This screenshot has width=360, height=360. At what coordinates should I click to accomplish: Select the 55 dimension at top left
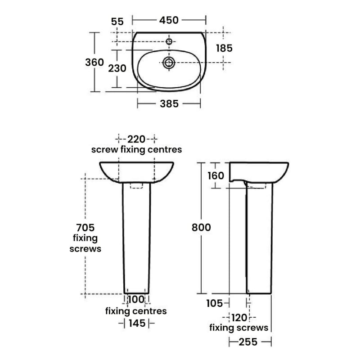(x=117, y=21)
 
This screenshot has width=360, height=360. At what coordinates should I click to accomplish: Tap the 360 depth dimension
(x=94, y=62)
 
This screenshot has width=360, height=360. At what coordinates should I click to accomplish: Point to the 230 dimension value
(x=117, y=68)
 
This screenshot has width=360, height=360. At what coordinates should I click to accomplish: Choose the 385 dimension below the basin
(x=169, y=104)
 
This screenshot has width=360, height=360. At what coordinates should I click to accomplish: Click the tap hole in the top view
(x=169, y=42)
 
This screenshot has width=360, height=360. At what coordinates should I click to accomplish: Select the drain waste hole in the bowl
(x=169, y=63)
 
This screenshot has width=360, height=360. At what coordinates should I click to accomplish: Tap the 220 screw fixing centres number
(x=136, y=139)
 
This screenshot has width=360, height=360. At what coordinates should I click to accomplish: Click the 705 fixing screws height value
(x=85, y=227)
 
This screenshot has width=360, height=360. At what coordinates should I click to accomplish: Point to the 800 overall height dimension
(x=201, y=228)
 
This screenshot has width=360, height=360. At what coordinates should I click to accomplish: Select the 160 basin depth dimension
(x=215, y=175)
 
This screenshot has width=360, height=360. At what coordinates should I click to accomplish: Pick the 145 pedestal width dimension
(x=136, y=323)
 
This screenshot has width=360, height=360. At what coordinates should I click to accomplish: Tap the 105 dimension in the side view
(x=214, y=304)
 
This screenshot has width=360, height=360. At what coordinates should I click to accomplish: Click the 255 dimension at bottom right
(x=248, y=342)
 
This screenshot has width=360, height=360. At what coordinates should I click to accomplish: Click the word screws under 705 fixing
(x=85, y=248)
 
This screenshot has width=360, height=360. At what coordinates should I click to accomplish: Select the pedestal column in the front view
(x=136, y=238)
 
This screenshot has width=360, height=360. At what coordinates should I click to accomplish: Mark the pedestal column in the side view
(x=259, y=238)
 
